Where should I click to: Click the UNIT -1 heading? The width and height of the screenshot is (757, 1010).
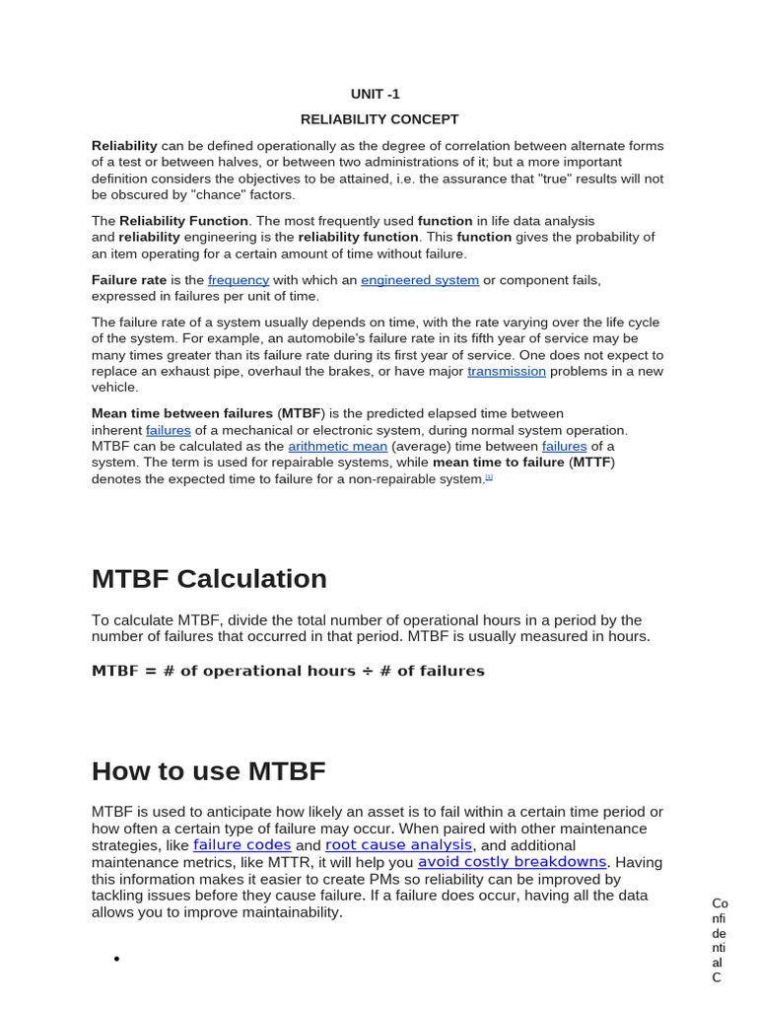[375, 94]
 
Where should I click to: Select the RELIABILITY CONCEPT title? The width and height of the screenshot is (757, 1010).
[379, 119]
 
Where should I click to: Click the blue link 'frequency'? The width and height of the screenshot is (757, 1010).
[239, 280]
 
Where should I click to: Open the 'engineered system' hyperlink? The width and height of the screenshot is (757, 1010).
[420, 280]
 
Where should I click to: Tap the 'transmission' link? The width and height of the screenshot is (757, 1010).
[507, 372]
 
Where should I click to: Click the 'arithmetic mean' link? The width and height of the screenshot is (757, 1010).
[337, 447]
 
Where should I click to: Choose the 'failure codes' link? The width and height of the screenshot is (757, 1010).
[242, 845]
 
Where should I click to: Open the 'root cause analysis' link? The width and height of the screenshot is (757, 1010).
[399, 845]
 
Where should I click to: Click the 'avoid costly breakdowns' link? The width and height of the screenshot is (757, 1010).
[513, 862]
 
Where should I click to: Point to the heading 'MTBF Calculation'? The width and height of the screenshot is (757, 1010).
[209, 578]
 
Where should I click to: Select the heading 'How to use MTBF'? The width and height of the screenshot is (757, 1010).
[208, 770]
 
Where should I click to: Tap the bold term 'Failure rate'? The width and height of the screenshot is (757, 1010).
[129, 280]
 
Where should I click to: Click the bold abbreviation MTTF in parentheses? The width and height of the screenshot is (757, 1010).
[591, 463]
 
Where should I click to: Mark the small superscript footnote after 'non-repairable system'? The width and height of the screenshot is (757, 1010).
[489, 477]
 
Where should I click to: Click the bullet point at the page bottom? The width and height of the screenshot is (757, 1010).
[116, 960]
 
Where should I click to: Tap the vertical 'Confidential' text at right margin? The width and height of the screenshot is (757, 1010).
[720, 940]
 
